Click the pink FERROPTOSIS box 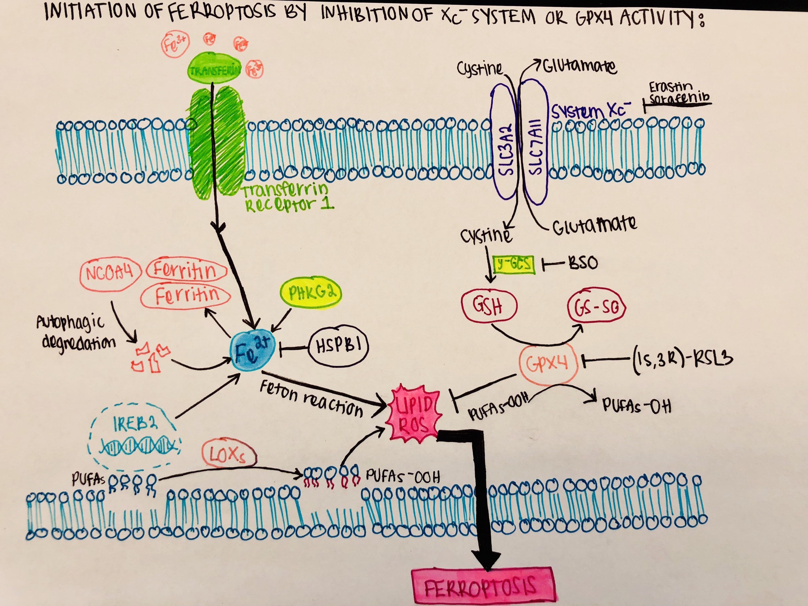482,587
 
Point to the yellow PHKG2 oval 310,293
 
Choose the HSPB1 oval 339,346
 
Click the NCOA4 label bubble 110,273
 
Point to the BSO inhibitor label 583,263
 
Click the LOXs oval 228,455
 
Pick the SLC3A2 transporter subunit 505,148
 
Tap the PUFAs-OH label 637,405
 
